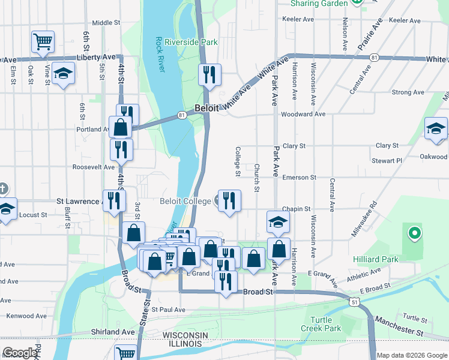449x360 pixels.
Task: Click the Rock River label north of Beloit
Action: [x=160, y=54]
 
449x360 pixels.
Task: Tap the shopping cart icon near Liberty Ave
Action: [x=43, y=41]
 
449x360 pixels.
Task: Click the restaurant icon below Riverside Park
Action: [x=209, y=74]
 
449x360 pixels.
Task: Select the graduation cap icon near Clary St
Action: [x=436, y=128]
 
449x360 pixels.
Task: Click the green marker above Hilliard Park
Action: [x=413, y=233]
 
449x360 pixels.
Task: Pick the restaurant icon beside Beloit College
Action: [x=229, y=200]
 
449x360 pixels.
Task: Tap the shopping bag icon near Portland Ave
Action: [x=120, y=127]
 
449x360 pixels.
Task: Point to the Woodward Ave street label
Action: [x=303, y=114]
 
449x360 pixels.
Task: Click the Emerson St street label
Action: [x=299, y=178]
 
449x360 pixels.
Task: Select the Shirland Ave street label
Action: [x=113, y=332]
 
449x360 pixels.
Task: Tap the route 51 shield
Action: [x=355, y=304]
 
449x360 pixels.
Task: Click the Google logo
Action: [x=20, y=353]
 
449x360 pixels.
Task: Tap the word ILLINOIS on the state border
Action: [x=185, y=344]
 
